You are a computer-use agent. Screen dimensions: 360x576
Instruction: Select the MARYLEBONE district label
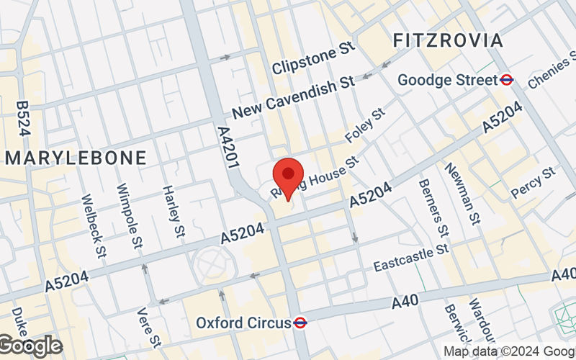pos(76,158)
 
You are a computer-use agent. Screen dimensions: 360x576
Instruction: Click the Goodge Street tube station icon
pos(508,80)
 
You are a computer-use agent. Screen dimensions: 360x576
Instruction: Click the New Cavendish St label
pos(294,98)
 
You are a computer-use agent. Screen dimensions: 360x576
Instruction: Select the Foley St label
pos(366,125)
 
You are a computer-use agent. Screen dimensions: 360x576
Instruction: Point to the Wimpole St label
pos(130,214)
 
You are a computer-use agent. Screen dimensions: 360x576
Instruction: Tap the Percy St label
pos(534,183)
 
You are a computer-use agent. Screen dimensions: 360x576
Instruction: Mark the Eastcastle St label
pos(411,257)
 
